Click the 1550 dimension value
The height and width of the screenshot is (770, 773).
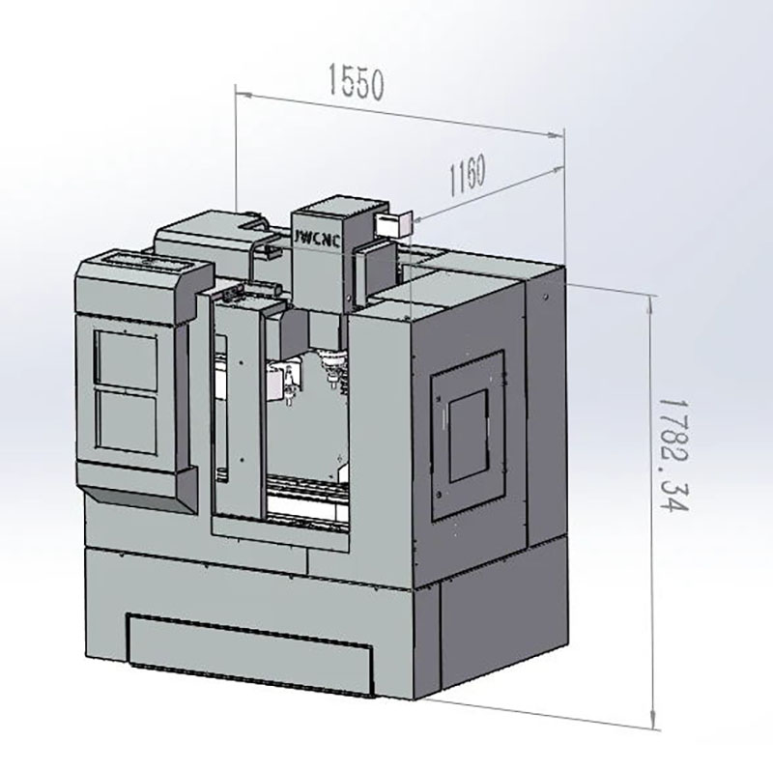click(x=356, y=82)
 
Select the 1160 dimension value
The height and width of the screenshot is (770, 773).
click(x=468, y=175)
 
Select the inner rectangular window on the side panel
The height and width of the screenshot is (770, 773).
click(x=469, y=436)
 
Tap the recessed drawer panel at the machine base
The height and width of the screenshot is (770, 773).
click(x=250, y=654)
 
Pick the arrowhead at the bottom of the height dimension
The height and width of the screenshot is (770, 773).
click(x=654, y=718)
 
